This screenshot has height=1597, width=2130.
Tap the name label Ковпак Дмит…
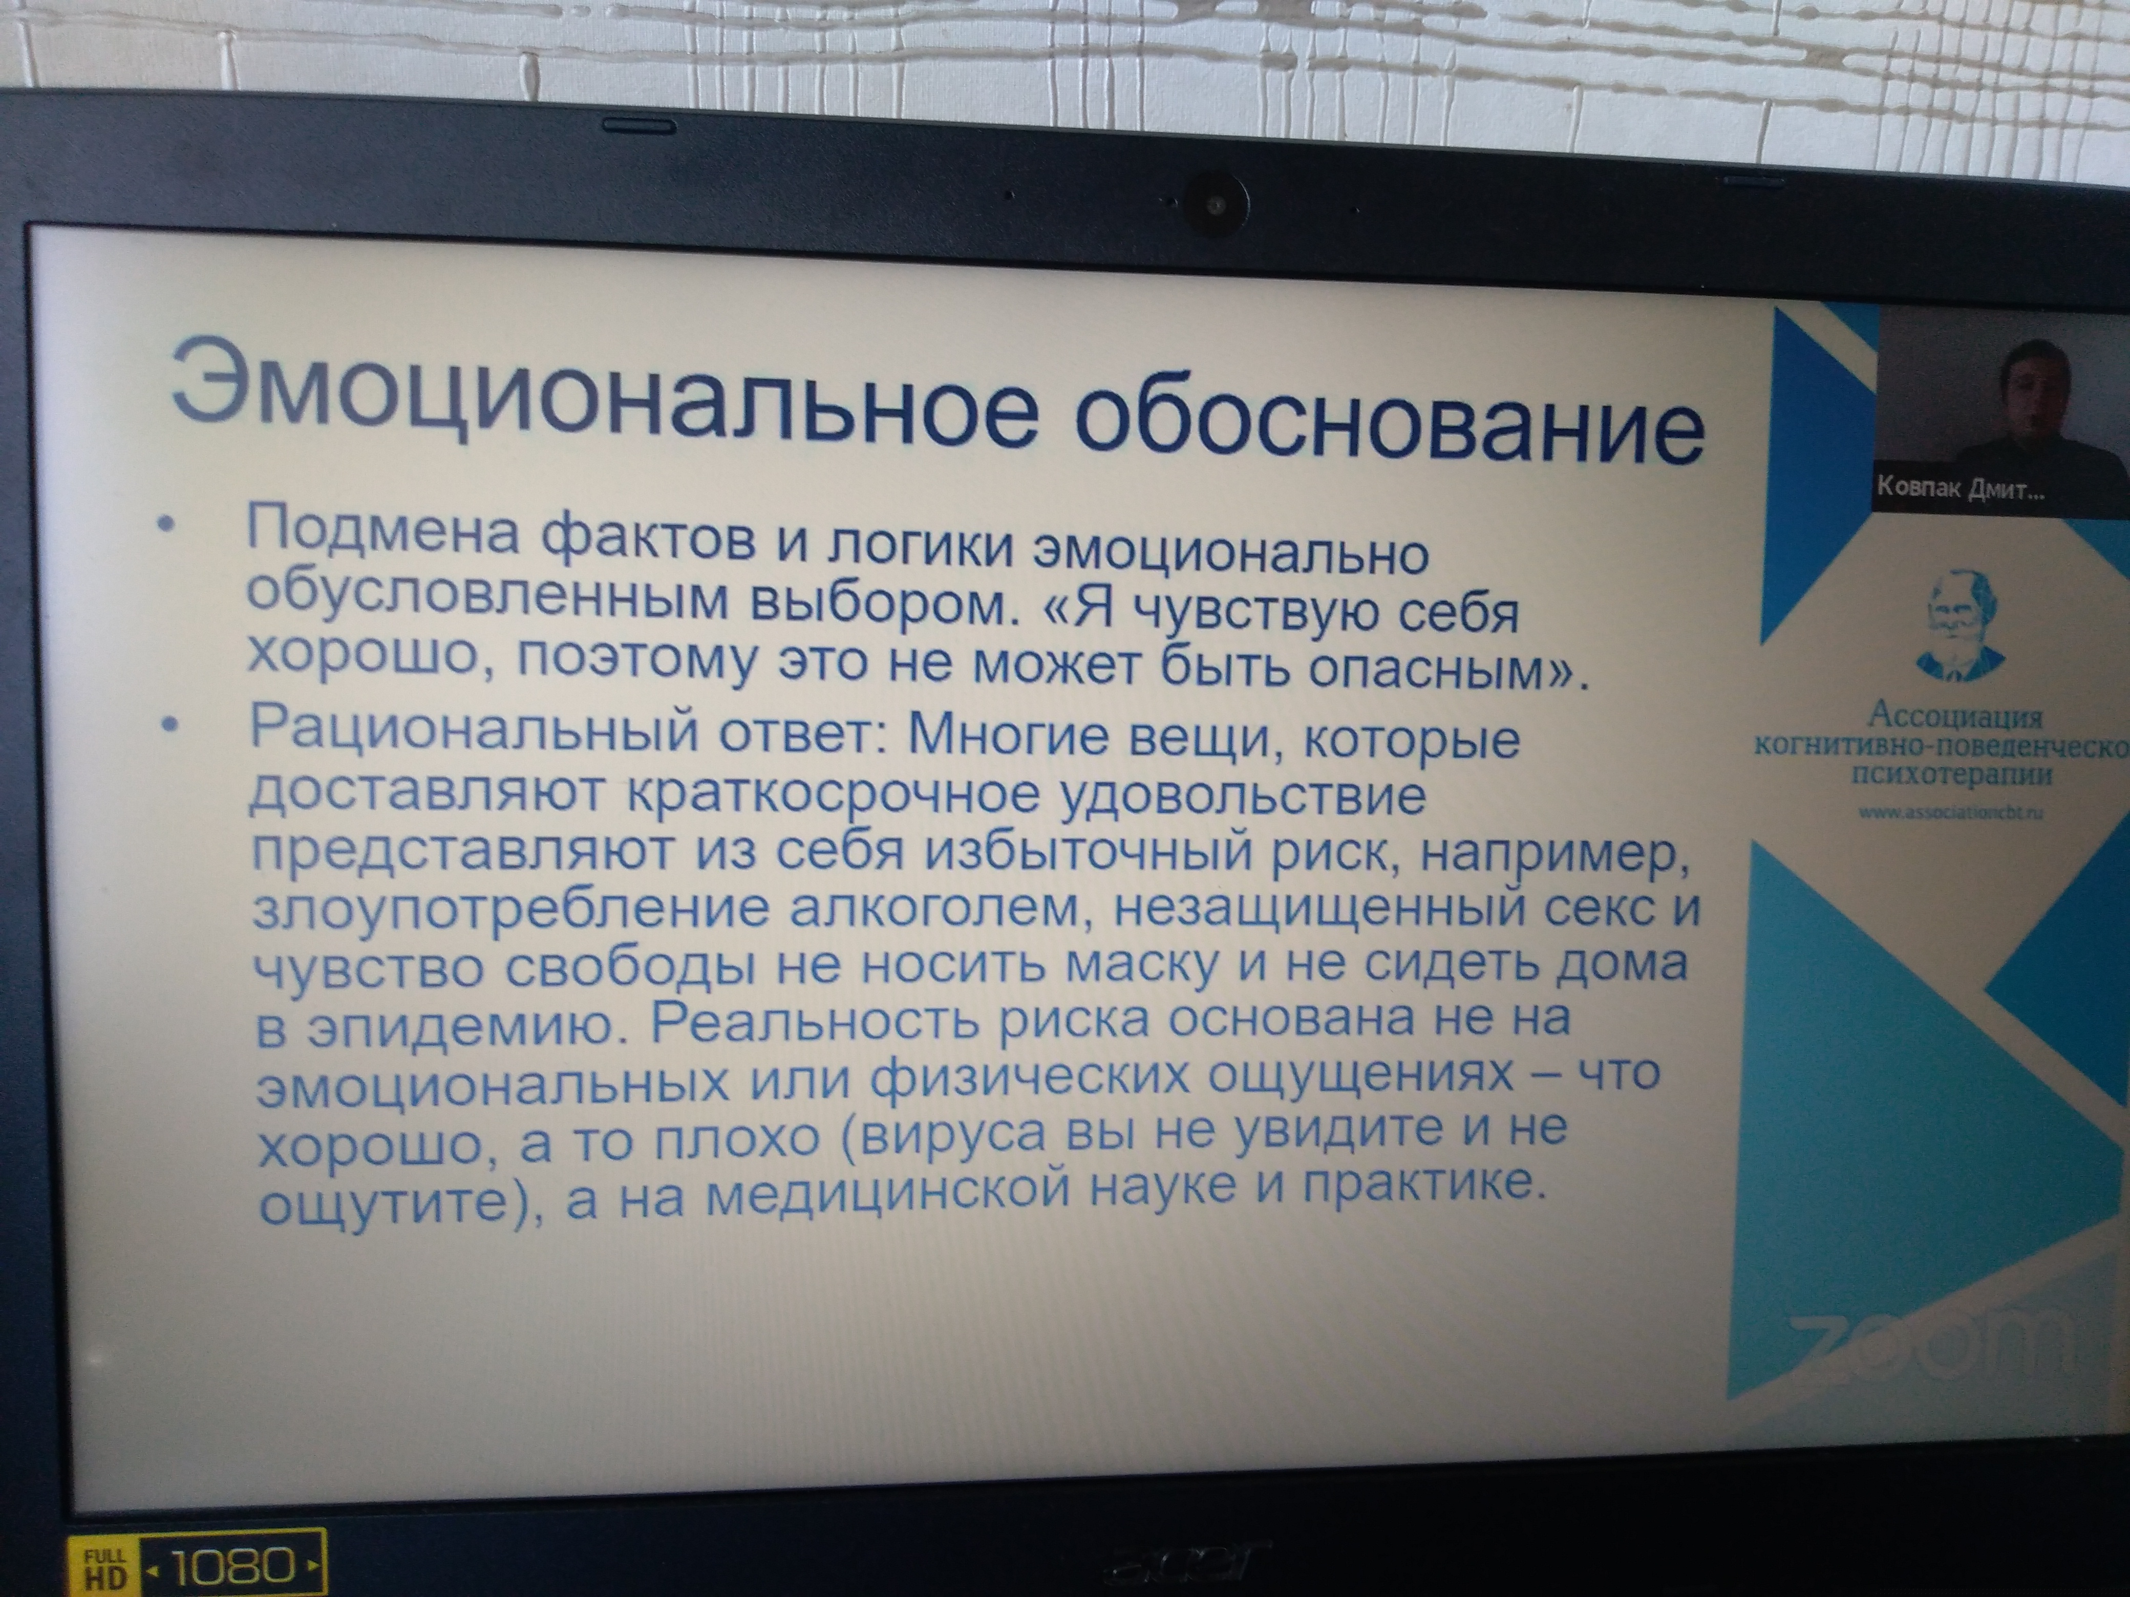coord(1959,491)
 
